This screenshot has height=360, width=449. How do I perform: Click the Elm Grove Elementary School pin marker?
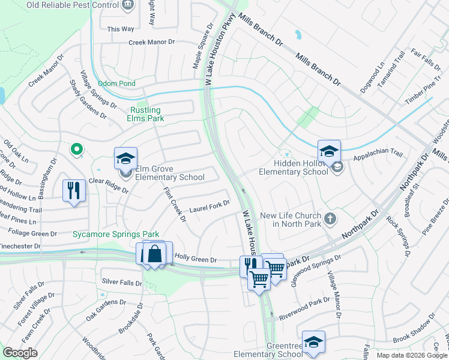(125, 159)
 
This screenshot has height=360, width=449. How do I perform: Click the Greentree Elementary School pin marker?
(313, 342)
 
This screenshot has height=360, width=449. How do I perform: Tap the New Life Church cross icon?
(330, 218)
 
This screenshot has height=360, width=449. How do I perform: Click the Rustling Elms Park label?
(146, 114)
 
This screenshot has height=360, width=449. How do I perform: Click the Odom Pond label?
(116, 83)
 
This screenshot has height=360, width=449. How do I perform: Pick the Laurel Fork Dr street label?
(209, 207)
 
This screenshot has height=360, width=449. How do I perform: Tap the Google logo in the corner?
(20, 353)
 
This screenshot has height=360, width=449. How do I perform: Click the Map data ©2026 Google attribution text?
(411, 355)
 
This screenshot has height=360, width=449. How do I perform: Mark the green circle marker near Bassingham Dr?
(76, 149)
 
